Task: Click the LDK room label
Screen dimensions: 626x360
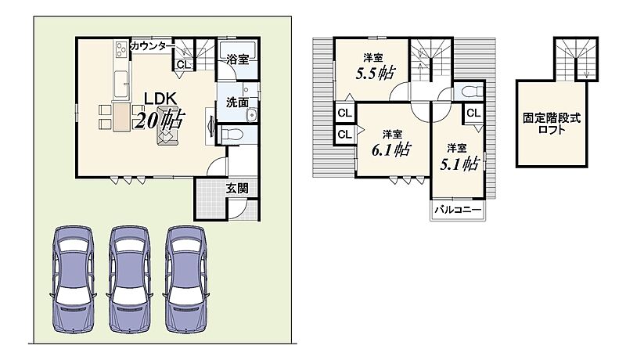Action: (x=160, y=98)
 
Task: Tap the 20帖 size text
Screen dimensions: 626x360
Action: (x=160, y=119)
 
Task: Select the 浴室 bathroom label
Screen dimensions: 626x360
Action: (x=238, y=59)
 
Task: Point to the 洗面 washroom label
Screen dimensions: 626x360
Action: (x=238, y=103)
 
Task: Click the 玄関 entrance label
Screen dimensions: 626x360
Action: (x=237, y=188)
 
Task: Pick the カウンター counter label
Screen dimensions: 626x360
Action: (x=153, y=46)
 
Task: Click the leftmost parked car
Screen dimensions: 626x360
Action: (x=74, y=279)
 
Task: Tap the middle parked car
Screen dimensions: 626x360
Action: (x=130, y=279)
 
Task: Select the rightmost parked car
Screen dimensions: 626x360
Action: (x=186, y=279)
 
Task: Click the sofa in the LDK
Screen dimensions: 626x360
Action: (x=167, y=126)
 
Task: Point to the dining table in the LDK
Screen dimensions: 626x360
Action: (x=121, y=117)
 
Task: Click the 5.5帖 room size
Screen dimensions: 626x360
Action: (x=376, y=73)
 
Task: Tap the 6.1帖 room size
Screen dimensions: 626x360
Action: (x=391, y=149)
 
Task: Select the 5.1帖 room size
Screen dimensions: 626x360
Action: (x=459, y=164)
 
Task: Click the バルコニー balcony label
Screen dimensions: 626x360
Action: (x=458, y=209)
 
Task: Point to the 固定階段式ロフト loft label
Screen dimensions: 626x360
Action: (x=552, y=124)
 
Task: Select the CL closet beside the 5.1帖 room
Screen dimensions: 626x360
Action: (x=473, y=113)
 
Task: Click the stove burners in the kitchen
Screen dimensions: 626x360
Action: (x=121, y=50)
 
